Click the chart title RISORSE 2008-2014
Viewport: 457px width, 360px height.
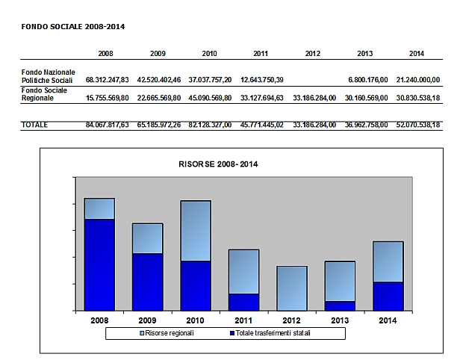215,163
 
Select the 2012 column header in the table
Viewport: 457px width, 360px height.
313,54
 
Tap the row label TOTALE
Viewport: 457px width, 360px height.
34,125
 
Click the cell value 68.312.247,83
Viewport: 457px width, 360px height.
108,78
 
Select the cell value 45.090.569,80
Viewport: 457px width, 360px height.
210,97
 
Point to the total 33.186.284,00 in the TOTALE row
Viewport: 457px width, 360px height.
312,125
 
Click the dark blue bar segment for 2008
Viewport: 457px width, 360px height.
99,264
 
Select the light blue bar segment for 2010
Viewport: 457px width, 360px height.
196,230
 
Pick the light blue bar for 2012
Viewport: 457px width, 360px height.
292,288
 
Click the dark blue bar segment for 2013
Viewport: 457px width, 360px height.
340,305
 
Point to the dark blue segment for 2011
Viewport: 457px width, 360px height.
243,302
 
